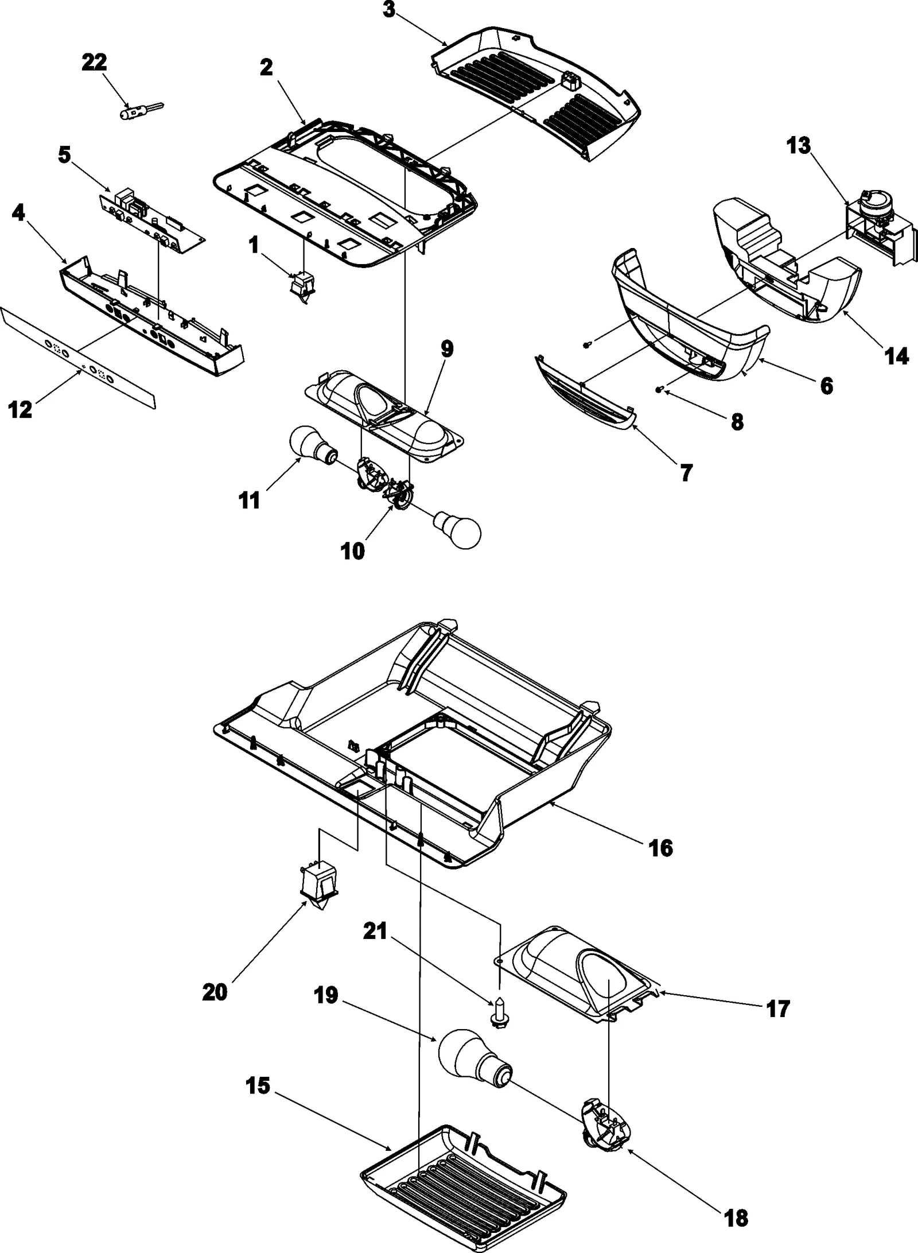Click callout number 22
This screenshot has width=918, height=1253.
pos(94,63)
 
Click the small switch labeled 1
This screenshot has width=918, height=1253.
pos(302,285)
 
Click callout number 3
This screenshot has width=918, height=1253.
pos(390,11)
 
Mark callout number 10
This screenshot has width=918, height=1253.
pos(352,551)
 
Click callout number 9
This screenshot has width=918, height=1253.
pos(446,349)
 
